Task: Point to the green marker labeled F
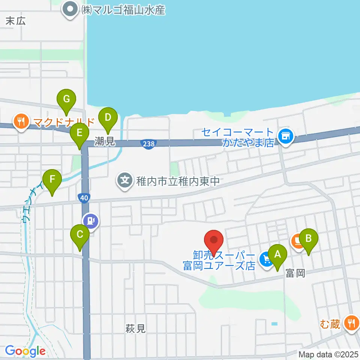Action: tap(52, 181)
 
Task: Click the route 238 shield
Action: tap(148, 144)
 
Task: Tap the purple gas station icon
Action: tap(91, 220)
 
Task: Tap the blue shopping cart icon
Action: tap(266, 259)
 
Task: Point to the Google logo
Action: tap(25, 351)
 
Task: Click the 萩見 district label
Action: tap(135, 329)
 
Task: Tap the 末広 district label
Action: tap(16, 21)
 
